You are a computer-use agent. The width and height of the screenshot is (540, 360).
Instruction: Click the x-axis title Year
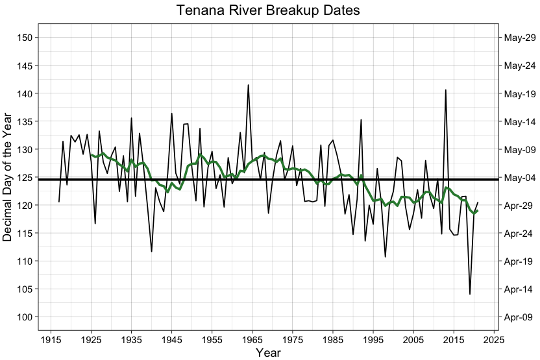click(268, 352)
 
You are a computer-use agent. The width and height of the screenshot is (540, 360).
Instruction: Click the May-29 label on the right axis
click(519, 38)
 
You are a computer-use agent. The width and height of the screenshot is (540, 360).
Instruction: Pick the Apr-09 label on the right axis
click(519, 317)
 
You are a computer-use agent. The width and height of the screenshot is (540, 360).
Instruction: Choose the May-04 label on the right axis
click(519, 177)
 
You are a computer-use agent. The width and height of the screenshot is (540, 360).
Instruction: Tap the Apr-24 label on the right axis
click(519, 233)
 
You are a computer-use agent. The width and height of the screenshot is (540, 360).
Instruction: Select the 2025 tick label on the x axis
click(494, 339)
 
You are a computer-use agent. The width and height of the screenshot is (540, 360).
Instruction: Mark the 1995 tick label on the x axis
click(373, 339)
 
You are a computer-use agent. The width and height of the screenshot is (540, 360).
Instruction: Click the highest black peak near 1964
click(248, 85)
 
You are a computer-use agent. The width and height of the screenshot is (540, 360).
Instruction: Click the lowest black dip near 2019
click(470, 294)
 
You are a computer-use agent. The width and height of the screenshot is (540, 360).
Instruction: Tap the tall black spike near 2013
click(445, 90)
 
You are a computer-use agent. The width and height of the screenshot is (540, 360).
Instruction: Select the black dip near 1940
click(151, 251)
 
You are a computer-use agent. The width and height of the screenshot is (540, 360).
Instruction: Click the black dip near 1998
click(386, 257)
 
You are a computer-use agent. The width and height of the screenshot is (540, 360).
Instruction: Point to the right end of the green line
click(478, 210)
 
